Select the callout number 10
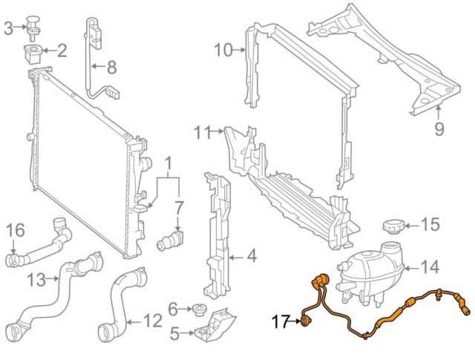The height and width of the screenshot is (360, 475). click(222, 50)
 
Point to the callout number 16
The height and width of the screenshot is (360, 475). click(16, 231)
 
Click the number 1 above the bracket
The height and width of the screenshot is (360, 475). click(168, 163)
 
